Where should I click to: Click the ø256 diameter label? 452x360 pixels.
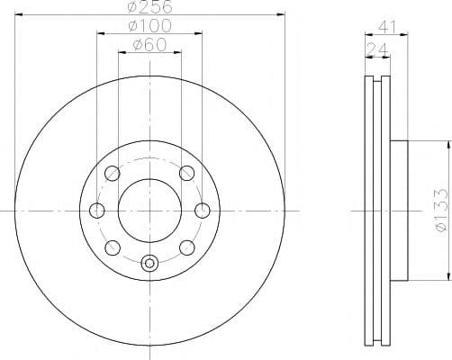click(x=149, y=7)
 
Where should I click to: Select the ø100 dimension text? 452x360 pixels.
click(x=149, y=25)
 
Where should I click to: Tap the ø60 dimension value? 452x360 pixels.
click(x=149, y=44)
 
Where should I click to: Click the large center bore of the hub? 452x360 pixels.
click(x=149, y=211)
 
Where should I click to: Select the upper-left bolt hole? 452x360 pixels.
click(x=113, y=174)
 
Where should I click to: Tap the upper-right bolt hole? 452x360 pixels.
click(x=186, y=174)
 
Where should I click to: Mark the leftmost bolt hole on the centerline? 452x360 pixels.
click(x=97, y=211)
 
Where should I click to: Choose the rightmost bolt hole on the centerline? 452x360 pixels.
click(x=202, y=211)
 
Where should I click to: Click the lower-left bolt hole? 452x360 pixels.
click(x=113, y=247)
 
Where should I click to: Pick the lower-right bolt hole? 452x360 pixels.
click(x=186, y=247)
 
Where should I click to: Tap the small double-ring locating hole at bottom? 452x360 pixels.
click(x=149, y=264)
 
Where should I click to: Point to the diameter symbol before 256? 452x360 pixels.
click(x=131, y=7)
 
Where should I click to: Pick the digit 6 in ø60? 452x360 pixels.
click(x=148, y=44)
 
